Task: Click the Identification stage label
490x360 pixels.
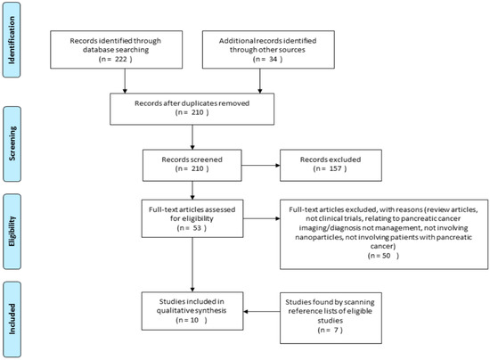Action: point(12,40)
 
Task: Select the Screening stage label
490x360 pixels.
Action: point(12,143)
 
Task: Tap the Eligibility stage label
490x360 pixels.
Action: point(12,232)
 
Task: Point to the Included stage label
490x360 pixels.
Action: point(12,319)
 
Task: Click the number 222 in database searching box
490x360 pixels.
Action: point(120,59)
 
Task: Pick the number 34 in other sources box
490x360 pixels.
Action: point(274,59)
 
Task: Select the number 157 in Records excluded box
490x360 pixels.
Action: point(335,168)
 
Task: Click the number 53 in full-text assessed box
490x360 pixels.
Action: point(197,228)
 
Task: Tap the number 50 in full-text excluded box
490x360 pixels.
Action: point(387,256)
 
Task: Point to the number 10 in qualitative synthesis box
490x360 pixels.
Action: point(194,320)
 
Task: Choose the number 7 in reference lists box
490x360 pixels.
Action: point(336,330)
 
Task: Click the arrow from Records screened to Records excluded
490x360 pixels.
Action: point(261,166)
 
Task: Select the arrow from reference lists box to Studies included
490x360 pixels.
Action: point(262,311)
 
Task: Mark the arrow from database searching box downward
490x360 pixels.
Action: point(125,81)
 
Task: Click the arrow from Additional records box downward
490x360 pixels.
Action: point(259,81)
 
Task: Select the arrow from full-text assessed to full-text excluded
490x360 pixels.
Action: point(262,218)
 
